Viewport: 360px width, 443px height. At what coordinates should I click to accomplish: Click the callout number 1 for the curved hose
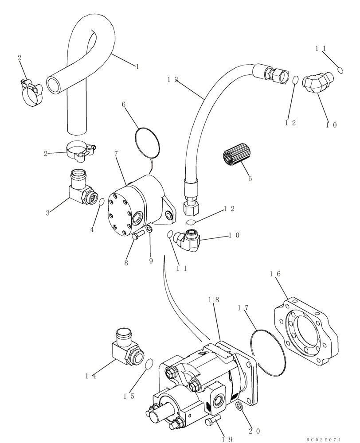coord(137,67)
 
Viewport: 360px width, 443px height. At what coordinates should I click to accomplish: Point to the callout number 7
coord(116,154)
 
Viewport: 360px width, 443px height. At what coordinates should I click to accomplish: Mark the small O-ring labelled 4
coord(102,202)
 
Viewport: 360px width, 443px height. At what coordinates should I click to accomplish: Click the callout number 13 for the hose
coord(172,80)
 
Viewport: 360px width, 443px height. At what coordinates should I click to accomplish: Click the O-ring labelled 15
coord(150,364)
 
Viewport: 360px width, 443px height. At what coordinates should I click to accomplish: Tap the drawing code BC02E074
coord(324,439)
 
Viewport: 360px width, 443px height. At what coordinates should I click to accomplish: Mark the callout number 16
coord(275,274)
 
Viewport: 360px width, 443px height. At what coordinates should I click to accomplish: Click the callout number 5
coord(250,179)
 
